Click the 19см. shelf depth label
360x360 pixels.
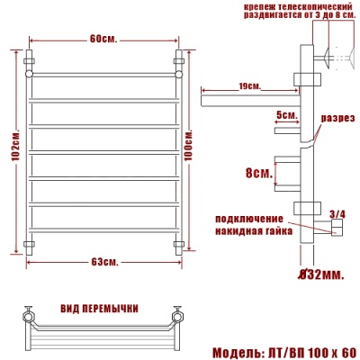(x=249, y=86)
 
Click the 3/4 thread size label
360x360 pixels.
(x=338, y=212)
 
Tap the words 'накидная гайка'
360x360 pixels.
(x=252, y=230)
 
